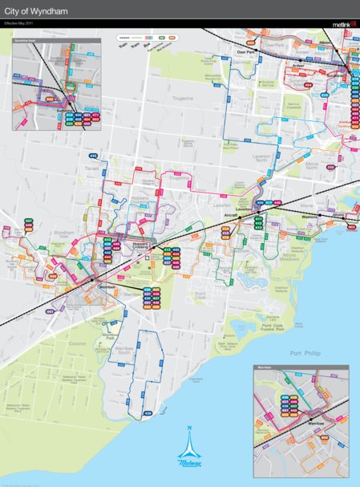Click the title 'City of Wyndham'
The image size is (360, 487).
(x=33, y=13)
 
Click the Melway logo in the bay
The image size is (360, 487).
(x=190, y=458)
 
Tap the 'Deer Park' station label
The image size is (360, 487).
(x=245, y=51)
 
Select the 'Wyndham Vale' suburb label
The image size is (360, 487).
(x=63, y=233)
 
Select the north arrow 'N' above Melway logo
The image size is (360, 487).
(x=190, y=428)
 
